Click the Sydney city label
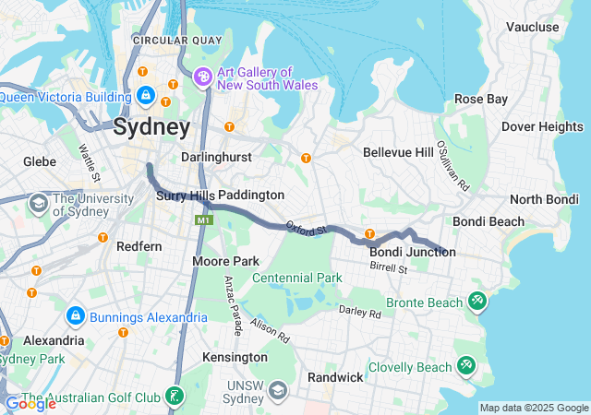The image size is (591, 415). [151, 127]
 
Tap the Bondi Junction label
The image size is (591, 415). [412, 252]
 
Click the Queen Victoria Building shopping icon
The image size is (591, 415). [145, 94]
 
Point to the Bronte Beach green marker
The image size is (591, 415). [476, 301]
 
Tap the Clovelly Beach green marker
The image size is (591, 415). [465, 366]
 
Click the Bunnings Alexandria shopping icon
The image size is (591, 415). [75, 317]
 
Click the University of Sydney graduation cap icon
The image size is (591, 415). [39, 202]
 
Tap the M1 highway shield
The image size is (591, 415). [202, 220]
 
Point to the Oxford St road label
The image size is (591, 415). [307, 227]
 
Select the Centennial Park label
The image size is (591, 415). [296, 278]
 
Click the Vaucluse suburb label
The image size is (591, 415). [533, 27]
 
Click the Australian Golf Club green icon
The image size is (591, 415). [173, 397]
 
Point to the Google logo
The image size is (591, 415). [30, 403]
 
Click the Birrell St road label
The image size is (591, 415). [389, 268]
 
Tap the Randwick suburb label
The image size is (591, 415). [335, 377]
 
